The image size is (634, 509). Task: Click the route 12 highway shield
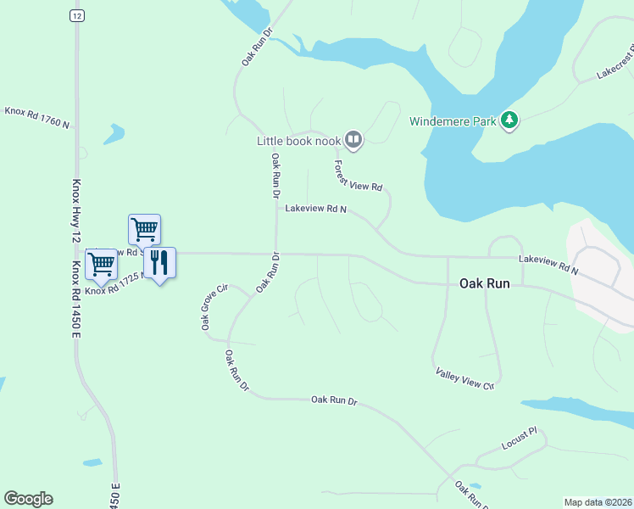77,16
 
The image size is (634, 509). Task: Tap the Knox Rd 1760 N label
36,117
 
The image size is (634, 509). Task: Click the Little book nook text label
298,141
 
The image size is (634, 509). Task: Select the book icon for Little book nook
353,140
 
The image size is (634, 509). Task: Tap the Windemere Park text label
453,121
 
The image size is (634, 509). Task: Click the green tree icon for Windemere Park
509,120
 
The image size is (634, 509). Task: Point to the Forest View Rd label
358,176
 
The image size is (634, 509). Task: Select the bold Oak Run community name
484,283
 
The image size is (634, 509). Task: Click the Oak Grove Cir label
214,307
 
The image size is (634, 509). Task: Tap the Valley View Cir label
464,378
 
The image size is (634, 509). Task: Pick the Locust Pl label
519,439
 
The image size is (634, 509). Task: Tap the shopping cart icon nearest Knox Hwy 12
101,264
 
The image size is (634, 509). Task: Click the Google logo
28,499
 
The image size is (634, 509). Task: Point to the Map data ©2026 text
598,502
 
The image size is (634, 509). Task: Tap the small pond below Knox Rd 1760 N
113,133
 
